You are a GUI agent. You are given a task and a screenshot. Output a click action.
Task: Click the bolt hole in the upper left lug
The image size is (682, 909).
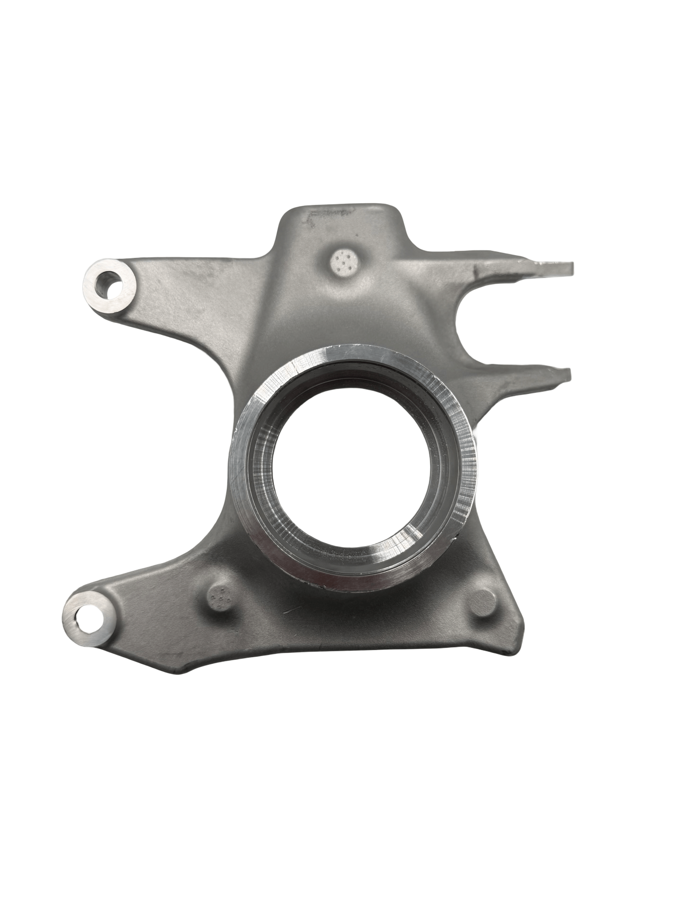coord(110,286)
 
